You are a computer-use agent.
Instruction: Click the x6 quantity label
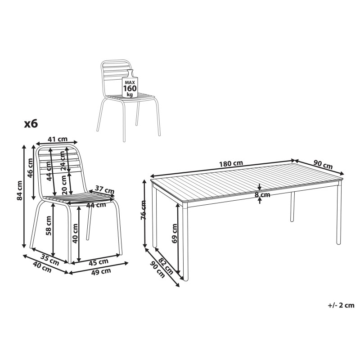pyautogui.click(x=31, y=124)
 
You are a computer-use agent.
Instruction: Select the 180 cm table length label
pyautogui.click(x=231, y=164)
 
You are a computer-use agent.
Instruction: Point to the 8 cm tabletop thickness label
pyautogui.click(x=262, y=195)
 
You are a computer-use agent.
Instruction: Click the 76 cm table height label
pyautogui.click(x=143, y=210)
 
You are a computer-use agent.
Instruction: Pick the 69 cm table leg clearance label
pyautogui.click(x=175, y=233)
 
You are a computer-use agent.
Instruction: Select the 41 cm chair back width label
pyautogui.click(x=58, y=139)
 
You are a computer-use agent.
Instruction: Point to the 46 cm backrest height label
pyautogui.click(x=30, y=168)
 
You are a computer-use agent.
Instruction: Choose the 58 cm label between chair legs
pyautogui.click(x=49, y=226)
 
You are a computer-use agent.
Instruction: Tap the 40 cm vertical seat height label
pyautogui.click(x=75, y=233)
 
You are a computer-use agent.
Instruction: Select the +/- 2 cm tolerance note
pyautogui.click(x=341, y=305)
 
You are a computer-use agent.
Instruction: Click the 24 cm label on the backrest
pyautogui.click(x=62, y=161)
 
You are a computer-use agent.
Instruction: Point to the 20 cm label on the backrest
pyautogui.click(x=64, y=185)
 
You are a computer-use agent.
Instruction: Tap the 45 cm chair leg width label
pyautogui.click(x=99, y=262)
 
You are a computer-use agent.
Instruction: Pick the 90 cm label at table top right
pyautogui.click(x=323, y=165)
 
